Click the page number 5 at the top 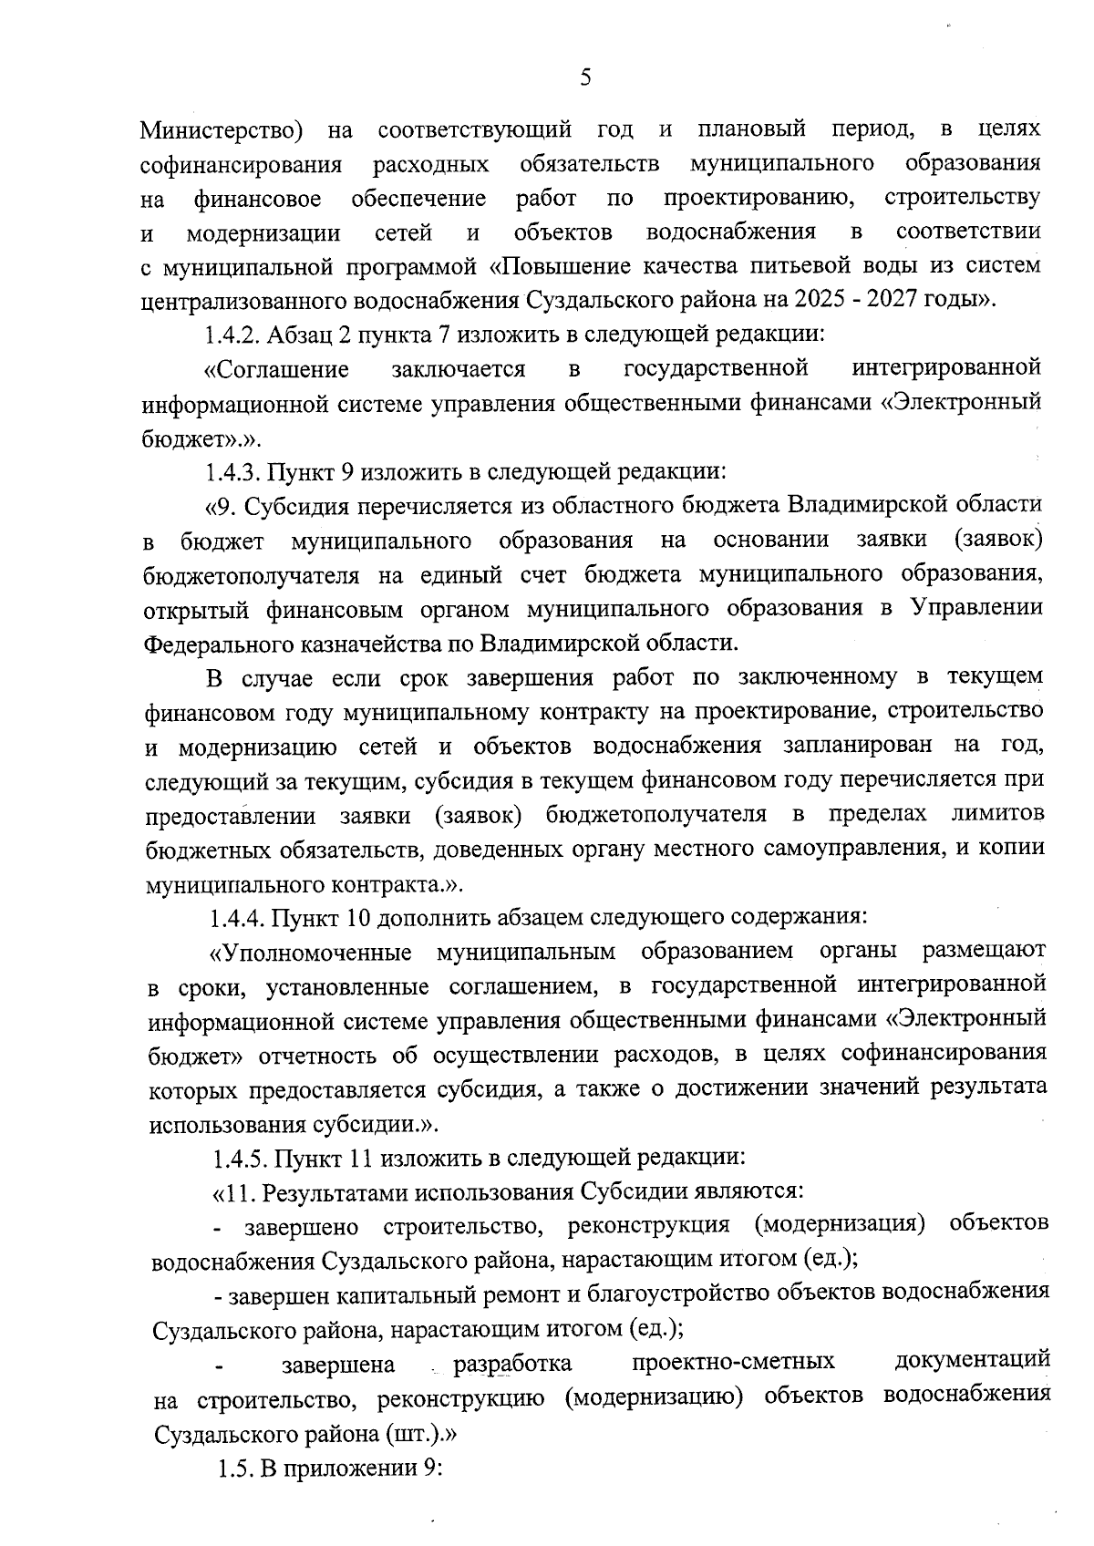585,78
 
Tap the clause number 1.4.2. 233,334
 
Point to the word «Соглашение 277,369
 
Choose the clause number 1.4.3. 234,472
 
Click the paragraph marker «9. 222,506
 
